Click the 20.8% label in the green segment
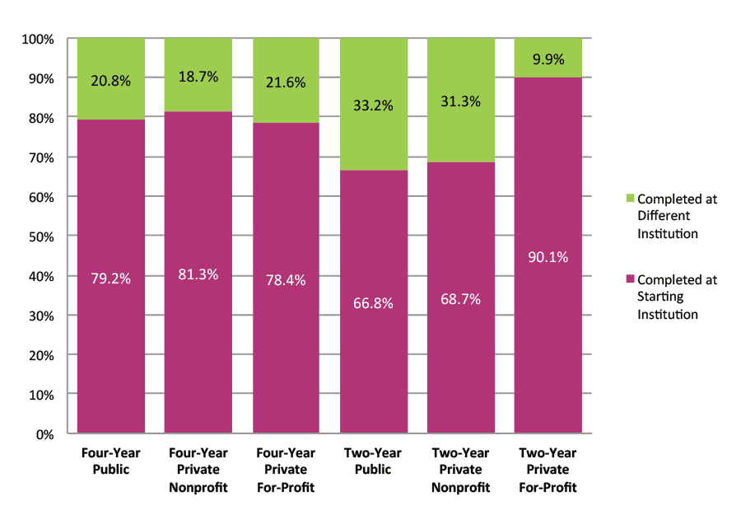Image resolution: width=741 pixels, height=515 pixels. [110, 81]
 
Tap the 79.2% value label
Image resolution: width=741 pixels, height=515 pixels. [110, 279]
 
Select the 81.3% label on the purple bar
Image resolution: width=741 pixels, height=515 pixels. [198, 274]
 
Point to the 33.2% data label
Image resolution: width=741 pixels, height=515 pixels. [373, 105]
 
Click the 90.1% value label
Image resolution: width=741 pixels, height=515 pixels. [548, 256]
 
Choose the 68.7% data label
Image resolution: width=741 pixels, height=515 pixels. [460, 299]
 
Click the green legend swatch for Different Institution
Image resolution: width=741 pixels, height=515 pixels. [631, 199]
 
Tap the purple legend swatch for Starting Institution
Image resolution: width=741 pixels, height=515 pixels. [631, 279]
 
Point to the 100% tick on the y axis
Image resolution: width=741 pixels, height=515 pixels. [38, 39]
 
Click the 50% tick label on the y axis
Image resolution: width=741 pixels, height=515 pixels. [41, 236]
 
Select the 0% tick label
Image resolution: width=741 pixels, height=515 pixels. [44, 433]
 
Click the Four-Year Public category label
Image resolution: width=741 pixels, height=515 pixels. [110, 461]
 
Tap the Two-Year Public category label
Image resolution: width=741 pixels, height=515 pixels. [373, 461]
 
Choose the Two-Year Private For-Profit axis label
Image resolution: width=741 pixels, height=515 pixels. [548, 470]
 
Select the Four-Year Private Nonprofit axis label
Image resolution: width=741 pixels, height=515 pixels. [198, 470]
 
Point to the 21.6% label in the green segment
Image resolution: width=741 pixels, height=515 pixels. [286, 82]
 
